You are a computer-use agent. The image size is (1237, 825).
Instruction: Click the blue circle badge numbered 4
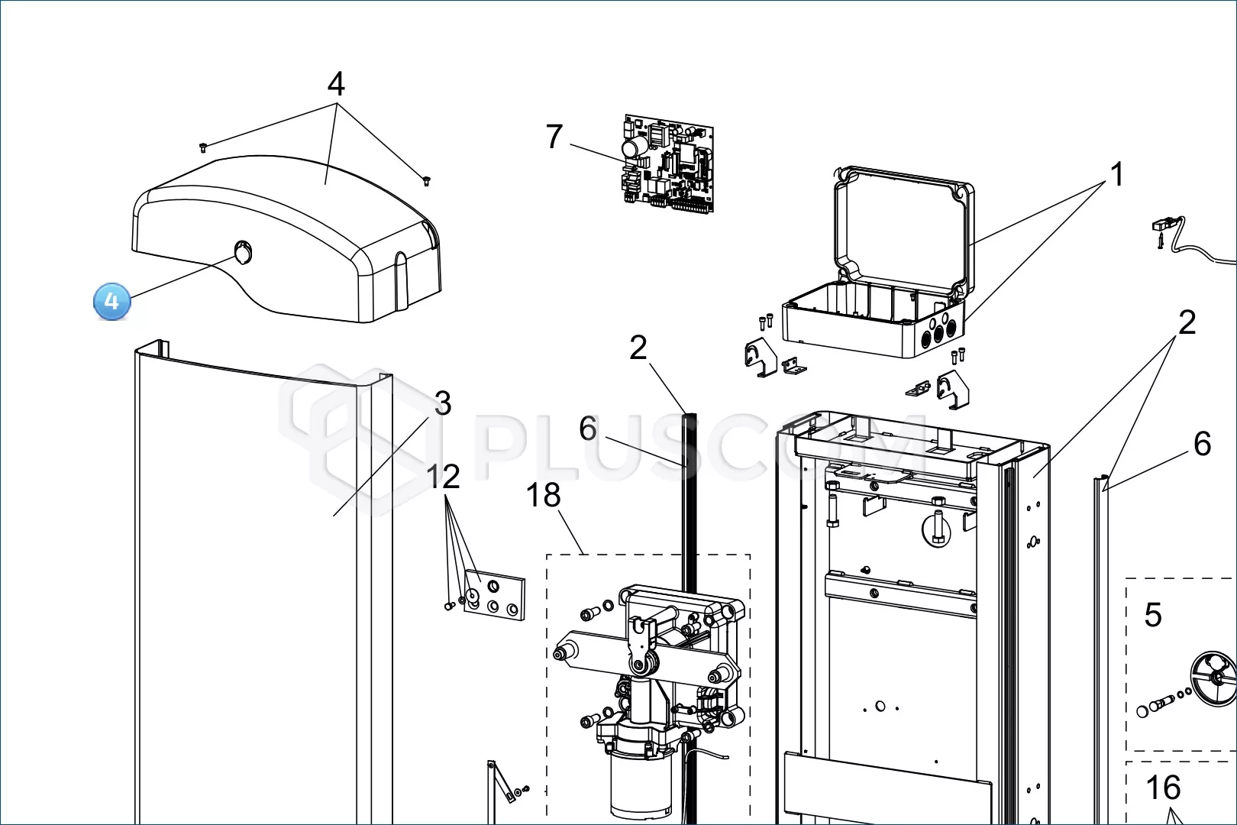click(x=112, y=301)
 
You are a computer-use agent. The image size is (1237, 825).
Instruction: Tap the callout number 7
click(x=554, y=136)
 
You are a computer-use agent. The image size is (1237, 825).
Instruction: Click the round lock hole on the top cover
click(x=243, y=253)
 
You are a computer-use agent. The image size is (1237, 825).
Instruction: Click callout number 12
click(x=443, y=476)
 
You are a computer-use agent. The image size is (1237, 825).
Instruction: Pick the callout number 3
click(x=443, y=403)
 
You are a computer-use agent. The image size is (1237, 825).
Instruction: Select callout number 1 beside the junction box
click(x=1116, y=175)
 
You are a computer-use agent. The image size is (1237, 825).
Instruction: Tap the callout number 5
click(x=1153, y=614)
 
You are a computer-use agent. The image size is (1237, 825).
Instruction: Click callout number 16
click(x=1164, y=787)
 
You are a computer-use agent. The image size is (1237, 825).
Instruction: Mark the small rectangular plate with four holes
click(x=494, y=596)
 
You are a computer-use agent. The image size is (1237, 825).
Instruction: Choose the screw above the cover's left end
click(x=203, y=147)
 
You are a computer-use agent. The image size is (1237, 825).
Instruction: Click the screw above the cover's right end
click(x=426, y=181)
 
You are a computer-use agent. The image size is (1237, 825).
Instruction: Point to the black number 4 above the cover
click(x=336, y=84)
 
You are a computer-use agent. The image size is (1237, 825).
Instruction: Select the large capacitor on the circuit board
click(x=635, y=148)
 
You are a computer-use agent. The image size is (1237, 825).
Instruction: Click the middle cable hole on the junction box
click(x=938, y=333)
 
